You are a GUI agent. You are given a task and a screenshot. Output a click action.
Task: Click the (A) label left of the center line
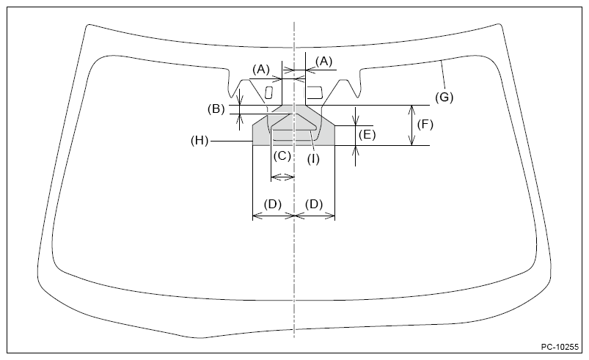pyautogui.click(x=262, y=69)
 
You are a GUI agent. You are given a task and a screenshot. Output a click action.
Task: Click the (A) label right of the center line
pyautogui.click(x=323, y=61)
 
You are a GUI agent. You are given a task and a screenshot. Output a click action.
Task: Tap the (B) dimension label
pyautogui.click(x=216, y=109)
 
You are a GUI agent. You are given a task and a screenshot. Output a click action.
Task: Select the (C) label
pyautogui.click(x=282, y=155)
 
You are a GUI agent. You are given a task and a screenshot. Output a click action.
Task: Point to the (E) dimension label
pyautogui.click(x=367, y=134)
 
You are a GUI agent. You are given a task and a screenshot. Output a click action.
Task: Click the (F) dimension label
pyautogui.click(x=425, y=125)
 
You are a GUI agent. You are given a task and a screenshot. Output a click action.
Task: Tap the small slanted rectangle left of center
pyautogui.click(x=268, y=92)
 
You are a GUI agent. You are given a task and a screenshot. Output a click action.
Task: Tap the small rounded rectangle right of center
pyautogui.click(x=315, y=92)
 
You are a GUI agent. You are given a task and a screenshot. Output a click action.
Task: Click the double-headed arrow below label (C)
pyautogui.click(x=282, y=176)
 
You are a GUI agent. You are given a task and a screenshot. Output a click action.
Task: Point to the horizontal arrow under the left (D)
pyautogui.click(x=273, y=216)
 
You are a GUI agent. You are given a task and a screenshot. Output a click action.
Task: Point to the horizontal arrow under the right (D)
pyautogui.click(x=315, y=216)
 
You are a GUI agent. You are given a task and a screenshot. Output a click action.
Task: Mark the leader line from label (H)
pyautogui.click(x=230, y=140)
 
